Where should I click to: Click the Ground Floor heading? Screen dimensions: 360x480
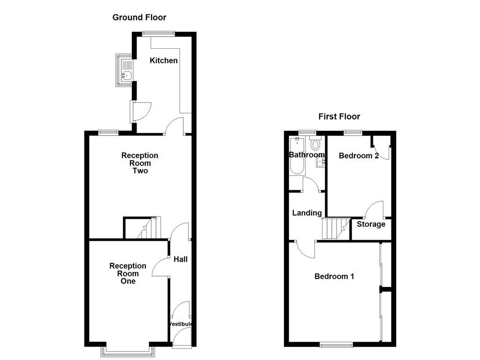pos(139,18)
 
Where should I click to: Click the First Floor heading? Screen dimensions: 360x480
pos(339,117)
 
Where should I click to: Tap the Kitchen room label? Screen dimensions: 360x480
pos(164,60)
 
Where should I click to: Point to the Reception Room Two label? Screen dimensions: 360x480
pos(140,163)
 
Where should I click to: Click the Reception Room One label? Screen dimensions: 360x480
pos(127,273)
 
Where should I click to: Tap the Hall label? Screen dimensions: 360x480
pos(180,259)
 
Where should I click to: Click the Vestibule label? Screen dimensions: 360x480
pos(180,324)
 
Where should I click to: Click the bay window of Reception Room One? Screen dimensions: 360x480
pos(127,351)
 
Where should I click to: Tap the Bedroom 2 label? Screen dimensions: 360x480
pos(359,156)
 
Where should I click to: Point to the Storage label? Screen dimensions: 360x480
pos(371,224)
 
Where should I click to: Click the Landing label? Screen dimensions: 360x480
pos(307,213)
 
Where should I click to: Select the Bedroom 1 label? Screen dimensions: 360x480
pos(334,277)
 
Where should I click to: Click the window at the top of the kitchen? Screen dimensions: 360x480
pos(159,33)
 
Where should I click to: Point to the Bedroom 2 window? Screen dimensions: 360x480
pos(352,133)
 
